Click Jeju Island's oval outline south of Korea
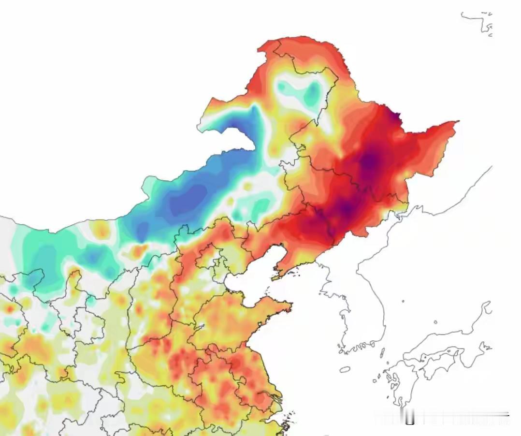(x=345, y=369)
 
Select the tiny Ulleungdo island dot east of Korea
(x=403, y=302)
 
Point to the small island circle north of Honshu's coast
(x=435, y=322)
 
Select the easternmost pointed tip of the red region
(x=457, y=122)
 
